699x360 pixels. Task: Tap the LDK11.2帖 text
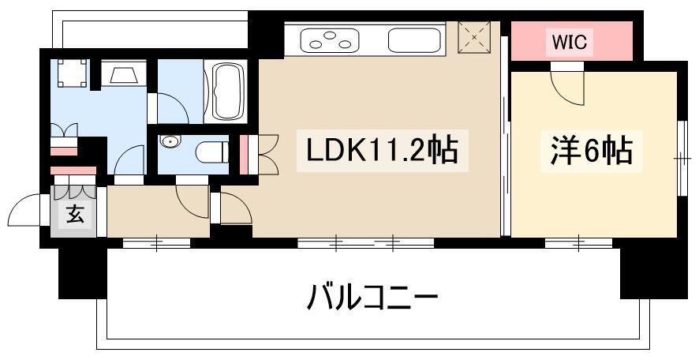[x=377, y=150]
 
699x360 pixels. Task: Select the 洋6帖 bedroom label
[x=591, y=150]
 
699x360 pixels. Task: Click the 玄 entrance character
[x=75, y=214]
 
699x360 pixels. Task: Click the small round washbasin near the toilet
[x=169, y=143]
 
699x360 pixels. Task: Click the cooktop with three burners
[x=331, y=38]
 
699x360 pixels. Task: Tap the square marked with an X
[x=475, y=36]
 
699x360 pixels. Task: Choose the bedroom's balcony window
[x=578, y=242]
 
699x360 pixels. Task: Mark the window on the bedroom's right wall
[x=679, y=158]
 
